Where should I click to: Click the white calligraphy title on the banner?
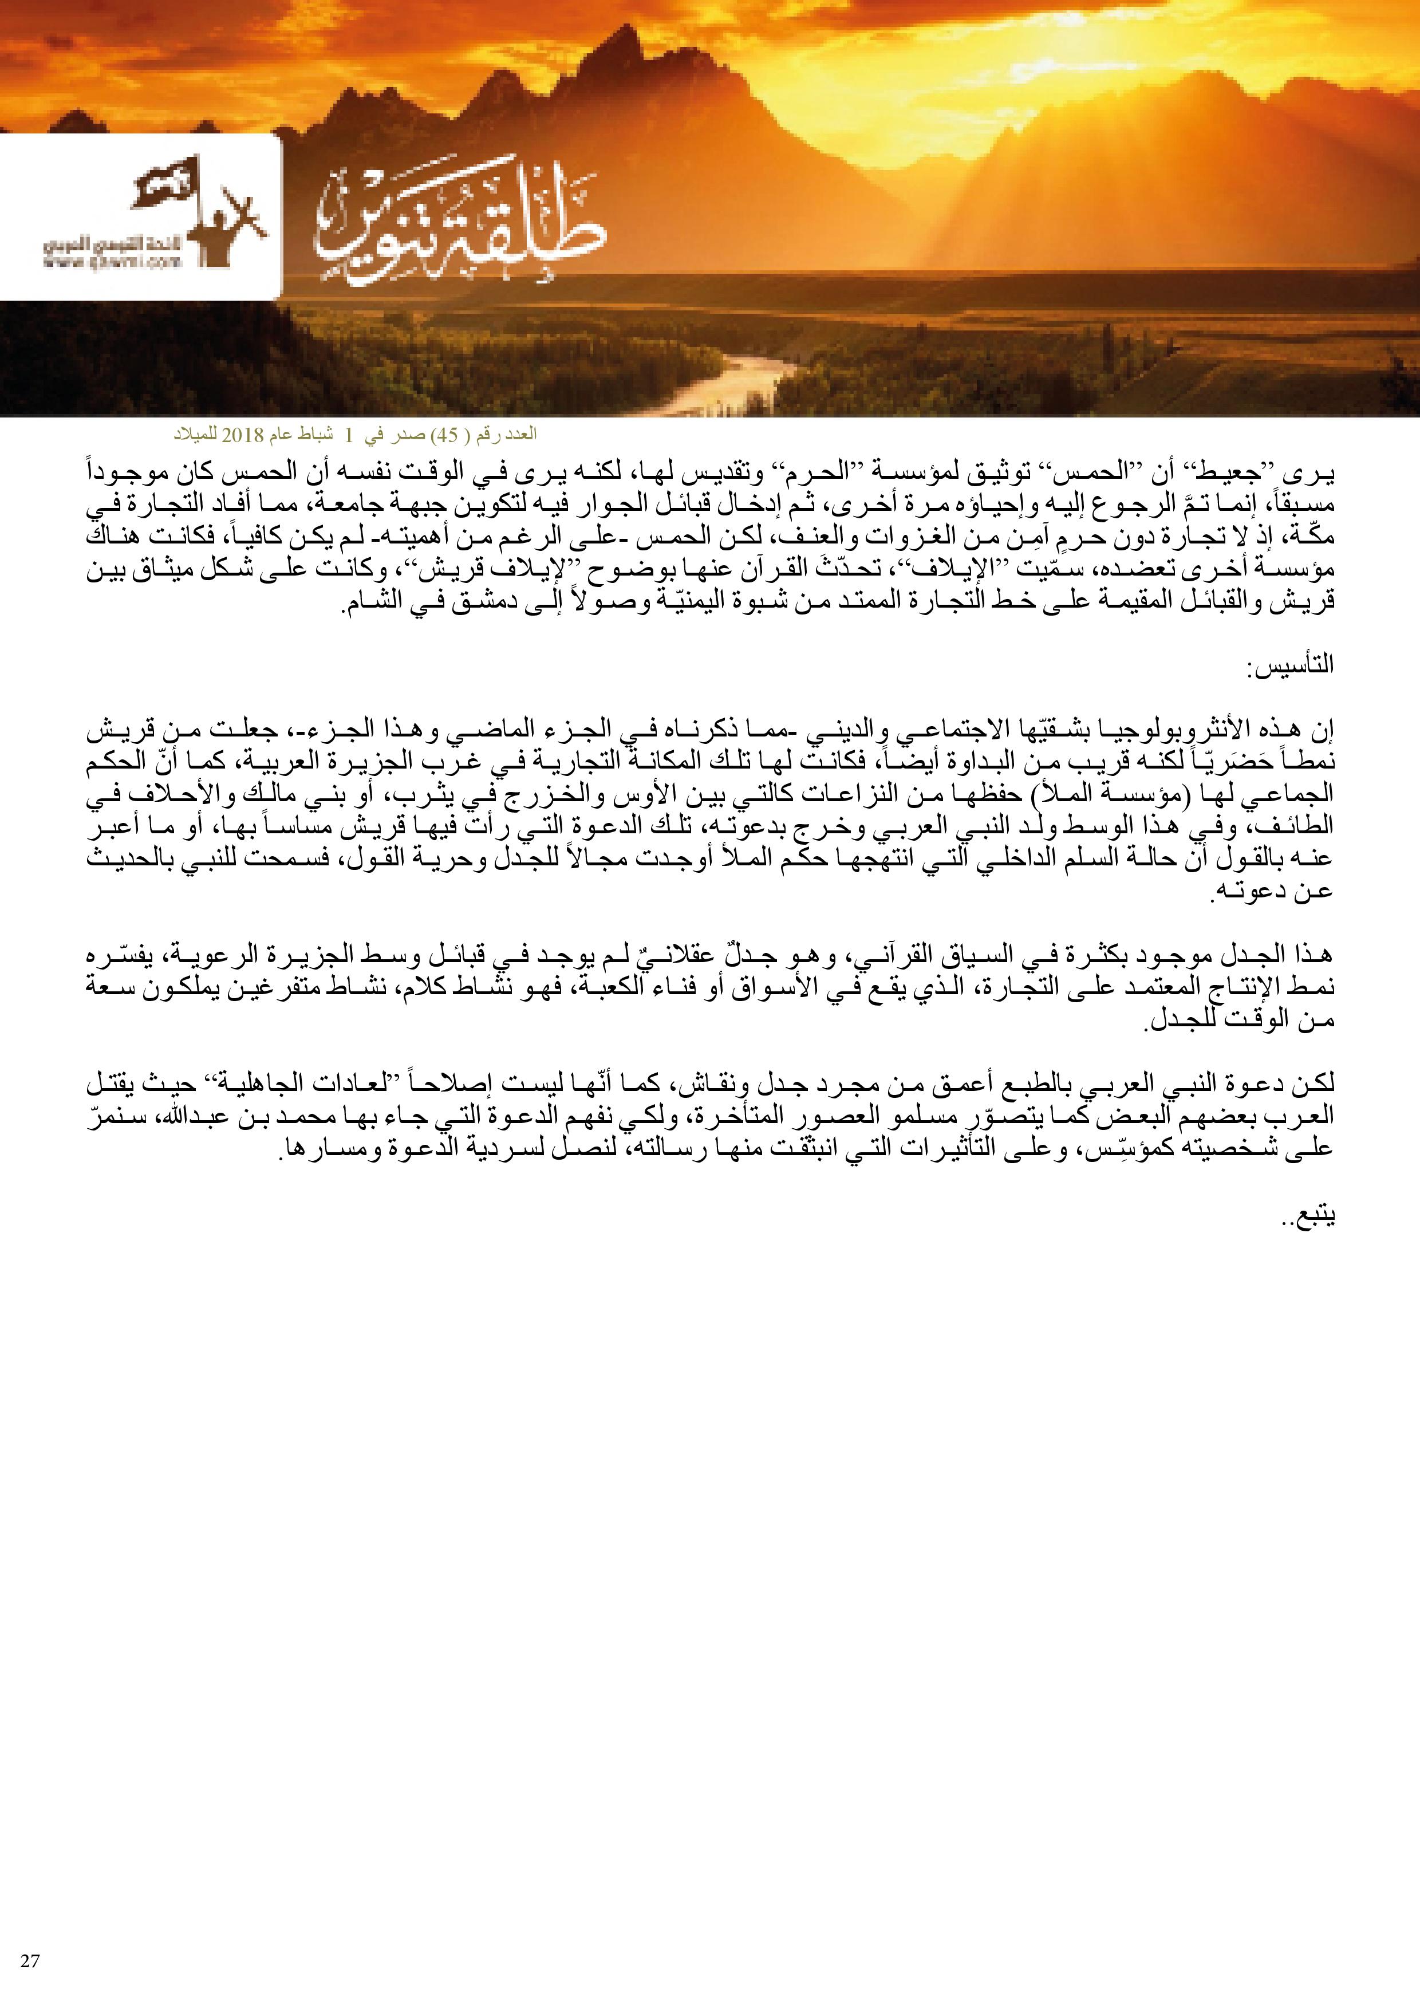click(x=459, y=223)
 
